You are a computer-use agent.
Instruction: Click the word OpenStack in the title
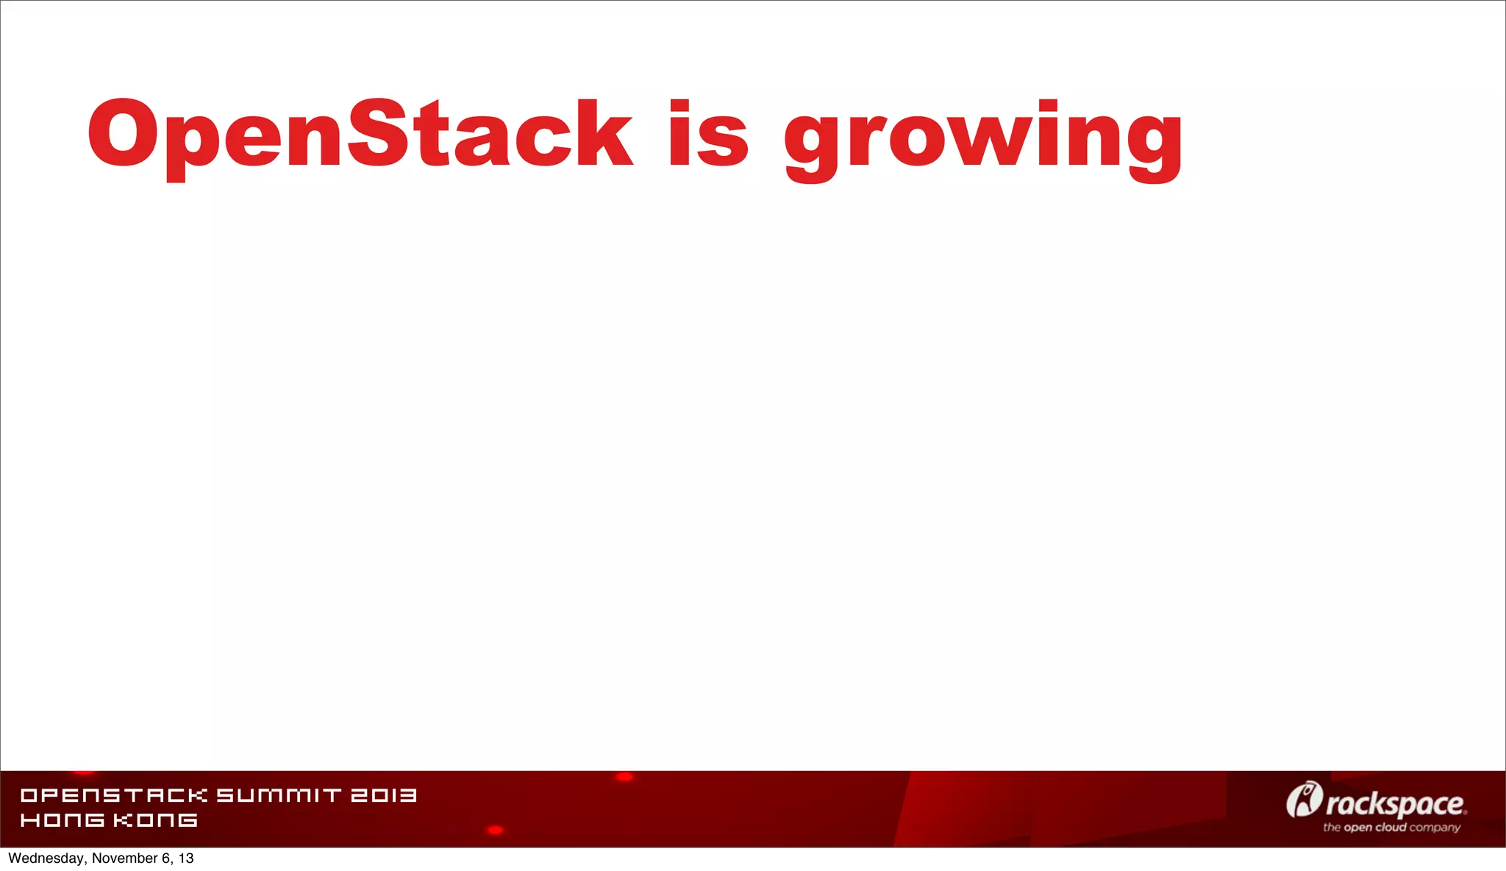coord(359,134)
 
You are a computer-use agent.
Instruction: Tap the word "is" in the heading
coord(707,134)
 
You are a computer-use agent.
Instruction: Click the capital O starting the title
coord(122,134)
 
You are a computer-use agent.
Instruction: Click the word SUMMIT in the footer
coord(279,795)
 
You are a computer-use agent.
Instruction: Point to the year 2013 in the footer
coord(383,795)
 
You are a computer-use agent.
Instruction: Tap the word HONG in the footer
coord(63,820)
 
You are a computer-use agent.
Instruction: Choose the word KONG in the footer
coord(155,820)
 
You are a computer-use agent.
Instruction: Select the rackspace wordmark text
coord(1395,804)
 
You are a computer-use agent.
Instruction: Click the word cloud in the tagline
coord(1391,828)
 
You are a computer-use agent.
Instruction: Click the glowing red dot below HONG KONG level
coord(495,830)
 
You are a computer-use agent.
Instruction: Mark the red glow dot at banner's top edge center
coord(624,777)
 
